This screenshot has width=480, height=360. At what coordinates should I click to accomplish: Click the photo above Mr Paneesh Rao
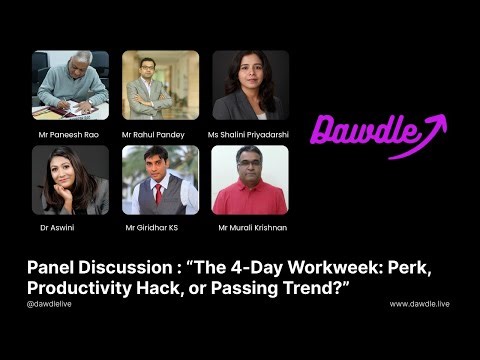click(x=70, y=85)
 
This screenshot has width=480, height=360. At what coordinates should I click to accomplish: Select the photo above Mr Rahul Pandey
click(x=160, y=85)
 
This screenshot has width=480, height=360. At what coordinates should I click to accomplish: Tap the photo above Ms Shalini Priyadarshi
click(x=250, y=85)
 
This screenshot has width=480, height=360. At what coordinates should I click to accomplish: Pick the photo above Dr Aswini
click(x=70, y=180)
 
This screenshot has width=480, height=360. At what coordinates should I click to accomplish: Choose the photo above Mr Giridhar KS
click(x=160, y=180)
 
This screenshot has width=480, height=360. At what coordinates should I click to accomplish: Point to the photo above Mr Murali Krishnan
click(x=250, y=180)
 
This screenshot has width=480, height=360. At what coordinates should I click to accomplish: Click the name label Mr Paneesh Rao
click(x=69, y=133)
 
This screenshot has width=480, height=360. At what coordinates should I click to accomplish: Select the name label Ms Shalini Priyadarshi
click(x=250, y=133)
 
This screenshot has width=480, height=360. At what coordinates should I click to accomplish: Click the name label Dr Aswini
click(x=50, y=228)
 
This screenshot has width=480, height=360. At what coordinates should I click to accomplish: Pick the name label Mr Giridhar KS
click(x=154, y=228)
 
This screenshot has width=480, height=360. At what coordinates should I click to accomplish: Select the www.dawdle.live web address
click(x=419, y=303)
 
